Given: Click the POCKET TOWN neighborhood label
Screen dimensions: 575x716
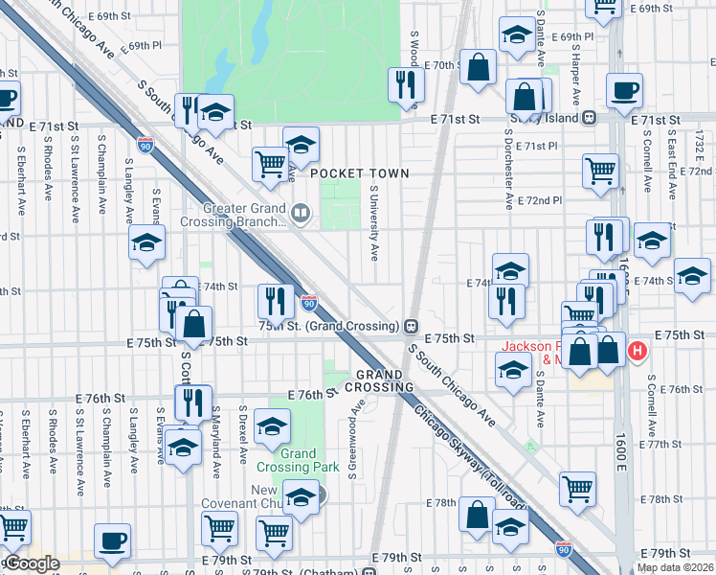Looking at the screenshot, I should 359,173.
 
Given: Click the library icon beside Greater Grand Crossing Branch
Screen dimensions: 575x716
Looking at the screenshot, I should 301,214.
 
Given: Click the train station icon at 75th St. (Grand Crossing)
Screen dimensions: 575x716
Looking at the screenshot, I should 411,325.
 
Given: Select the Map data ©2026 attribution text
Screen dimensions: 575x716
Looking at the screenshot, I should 675,567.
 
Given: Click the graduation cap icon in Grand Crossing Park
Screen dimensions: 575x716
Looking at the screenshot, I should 273,425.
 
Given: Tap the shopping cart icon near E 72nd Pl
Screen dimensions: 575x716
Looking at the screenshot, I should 600,171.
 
